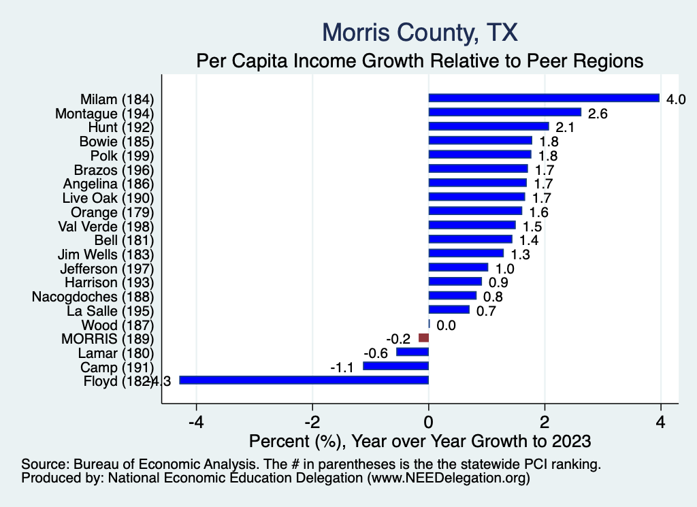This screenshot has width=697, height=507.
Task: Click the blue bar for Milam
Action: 544,98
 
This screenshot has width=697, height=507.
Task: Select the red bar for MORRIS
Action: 423,338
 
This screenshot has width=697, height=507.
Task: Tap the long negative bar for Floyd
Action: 304,380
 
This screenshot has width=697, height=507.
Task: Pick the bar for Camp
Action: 395,366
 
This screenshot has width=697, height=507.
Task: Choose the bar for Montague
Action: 504,112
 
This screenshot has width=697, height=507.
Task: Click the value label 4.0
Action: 675,99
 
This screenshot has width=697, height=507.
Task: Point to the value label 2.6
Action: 597,113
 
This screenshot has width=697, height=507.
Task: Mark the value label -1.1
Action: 344,367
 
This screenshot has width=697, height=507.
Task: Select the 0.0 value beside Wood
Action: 446,326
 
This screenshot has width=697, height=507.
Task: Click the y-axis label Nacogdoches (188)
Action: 93,296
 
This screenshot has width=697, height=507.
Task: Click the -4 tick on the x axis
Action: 196,420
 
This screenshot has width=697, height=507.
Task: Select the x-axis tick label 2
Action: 545,420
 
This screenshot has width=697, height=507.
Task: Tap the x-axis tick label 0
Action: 429,420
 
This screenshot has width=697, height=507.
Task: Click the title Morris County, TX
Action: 420,32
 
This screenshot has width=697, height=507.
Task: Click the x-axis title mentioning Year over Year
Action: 420,440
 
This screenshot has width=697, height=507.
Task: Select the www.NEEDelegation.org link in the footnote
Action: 447,478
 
